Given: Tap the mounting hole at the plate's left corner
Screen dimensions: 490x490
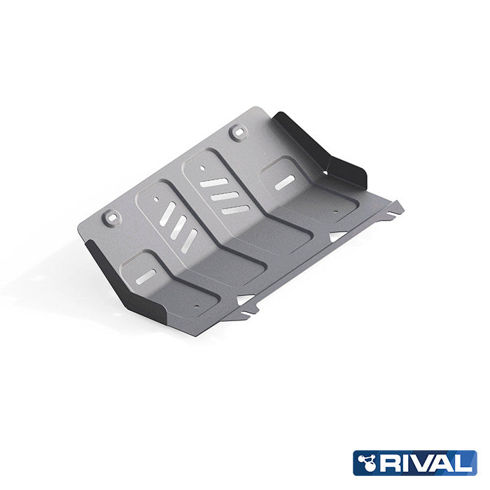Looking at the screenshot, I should coord(109,218).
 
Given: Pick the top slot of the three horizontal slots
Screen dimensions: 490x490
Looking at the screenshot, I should coord(214,183).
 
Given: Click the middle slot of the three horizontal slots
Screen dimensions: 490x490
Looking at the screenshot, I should coord(225,196).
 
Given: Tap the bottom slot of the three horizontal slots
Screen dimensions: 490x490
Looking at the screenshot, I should coord(235,209).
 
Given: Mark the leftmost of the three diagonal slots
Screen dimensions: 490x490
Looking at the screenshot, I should coord(164,215).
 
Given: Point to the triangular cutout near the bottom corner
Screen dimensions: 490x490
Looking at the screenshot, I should coord(244,299).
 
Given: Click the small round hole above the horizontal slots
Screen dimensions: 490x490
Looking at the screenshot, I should coord(202,167).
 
